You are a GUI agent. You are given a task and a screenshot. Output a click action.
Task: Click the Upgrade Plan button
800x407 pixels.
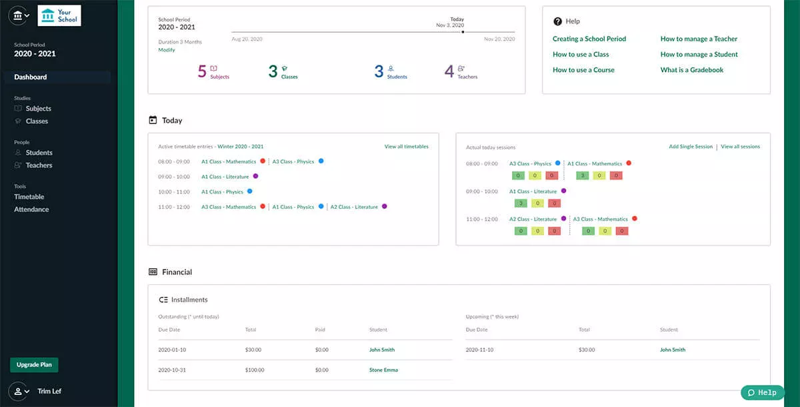click(x=34, y=365)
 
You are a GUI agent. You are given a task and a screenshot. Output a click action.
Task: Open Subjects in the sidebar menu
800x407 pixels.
click(x=38, y=109)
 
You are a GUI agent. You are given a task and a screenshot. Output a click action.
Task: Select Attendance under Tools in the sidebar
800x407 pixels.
click(x=31, y=210)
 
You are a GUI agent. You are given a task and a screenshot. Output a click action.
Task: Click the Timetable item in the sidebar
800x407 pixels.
click(x=29, y=197)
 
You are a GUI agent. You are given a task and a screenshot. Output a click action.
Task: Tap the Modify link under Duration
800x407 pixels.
click(x=167, y=50)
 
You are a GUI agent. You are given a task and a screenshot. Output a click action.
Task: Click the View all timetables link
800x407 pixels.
click(x=406, y=147)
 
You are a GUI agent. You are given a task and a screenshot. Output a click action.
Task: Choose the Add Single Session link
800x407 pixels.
click(x=691, y=147)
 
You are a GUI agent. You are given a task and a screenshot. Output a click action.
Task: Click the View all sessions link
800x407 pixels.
click(x=740, y=147)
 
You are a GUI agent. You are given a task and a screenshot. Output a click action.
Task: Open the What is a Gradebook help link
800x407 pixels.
click(x=691, y=70)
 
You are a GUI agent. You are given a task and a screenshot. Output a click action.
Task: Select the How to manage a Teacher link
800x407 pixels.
click(x=699, y=39)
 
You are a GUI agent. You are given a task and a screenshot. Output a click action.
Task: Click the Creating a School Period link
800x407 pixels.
click(x=589, y=39)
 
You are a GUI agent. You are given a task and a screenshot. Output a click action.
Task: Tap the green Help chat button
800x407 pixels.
click(x=762, y=392)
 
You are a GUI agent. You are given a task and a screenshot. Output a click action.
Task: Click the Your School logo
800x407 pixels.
click(x=59, y=15)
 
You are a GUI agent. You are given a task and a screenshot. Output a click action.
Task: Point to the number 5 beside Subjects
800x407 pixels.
click(x=202, y=71)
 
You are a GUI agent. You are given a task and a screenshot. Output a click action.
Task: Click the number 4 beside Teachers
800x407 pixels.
click(x=449, y=71)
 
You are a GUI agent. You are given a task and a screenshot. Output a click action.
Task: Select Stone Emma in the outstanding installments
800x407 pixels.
click(x=383, y=370)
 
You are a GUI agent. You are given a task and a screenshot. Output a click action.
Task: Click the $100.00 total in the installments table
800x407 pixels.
click(x=254, y=370)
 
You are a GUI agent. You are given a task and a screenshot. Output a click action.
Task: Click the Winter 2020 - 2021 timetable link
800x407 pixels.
click(x=240, y=147)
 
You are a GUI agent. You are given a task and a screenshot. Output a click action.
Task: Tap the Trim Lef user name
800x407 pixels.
click(x=49, y=391)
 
